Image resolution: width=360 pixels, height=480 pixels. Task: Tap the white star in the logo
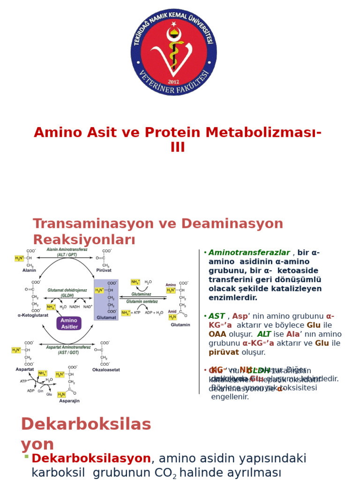coord(174,23)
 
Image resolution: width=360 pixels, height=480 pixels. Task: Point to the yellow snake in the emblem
coord(174,49)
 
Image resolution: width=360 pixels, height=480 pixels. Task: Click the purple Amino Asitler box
coord(69,323)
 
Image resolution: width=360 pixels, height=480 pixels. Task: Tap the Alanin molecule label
coord(29,270)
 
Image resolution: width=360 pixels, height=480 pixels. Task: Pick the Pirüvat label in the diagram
coord(104,270)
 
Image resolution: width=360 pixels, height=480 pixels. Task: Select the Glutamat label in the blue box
coord(106,317)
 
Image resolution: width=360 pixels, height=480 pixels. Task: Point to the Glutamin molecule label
coord(180,324)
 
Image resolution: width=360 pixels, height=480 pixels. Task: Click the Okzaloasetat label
coord(105,369)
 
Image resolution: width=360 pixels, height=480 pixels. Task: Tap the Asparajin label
coord(69,401)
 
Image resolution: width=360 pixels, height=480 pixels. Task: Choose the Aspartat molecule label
coord(24,369)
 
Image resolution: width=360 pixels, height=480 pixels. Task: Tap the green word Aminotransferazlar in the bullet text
coord(249,253)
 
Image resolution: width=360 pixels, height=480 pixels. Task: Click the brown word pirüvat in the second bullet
coord(224,352)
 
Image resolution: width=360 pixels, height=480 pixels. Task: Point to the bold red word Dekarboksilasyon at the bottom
coord(91,458)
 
